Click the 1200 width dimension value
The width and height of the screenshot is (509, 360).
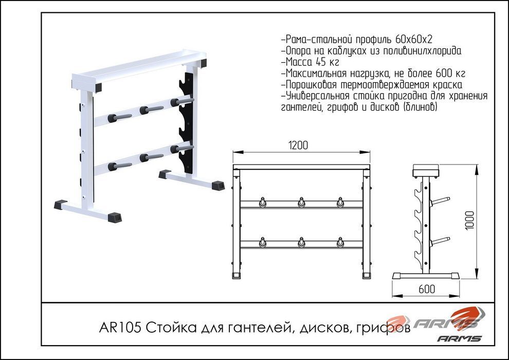coord(298,145)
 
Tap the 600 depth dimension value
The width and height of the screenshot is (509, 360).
coord(426,289)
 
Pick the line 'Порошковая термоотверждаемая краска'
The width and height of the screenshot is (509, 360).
coord(371,85)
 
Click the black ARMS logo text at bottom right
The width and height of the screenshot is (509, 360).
coord(459,338)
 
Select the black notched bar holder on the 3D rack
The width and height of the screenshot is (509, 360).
coord(186,123)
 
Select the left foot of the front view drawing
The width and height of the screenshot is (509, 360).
coord(237,275)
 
